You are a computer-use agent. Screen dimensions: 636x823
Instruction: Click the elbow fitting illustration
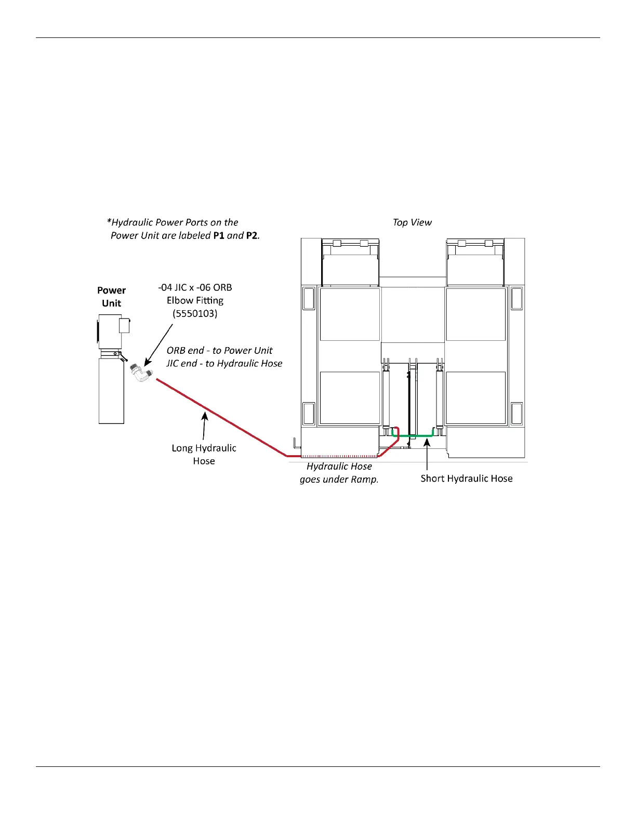pyautogui.click(x=141, y=373)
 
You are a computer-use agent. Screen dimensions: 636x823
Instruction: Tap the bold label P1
pyautogui.click(x=218, y=235)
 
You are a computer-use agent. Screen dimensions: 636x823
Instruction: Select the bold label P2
pyautogui.click(x=251, y=235)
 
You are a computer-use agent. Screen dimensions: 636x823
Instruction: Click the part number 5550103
pyautogui.click(x=195, y=313)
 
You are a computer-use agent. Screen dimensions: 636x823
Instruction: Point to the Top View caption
pyautogui.click(x=412, y=222)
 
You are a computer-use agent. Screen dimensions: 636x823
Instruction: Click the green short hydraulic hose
pyautogui.click(x=413, y=435)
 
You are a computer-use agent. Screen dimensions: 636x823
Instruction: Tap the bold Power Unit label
pyautogui.click(x=112, y=297)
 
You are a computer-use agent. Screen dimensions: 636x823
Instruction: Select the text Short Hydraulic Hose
pyautogui.click(x=466, y=479)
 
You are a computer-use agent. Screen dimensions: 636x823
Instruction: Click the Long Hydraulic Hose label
pyautogui.click(x=204, y=454)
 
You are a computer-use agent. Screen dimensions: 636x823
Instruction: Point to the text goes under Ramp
pyautogui.click(x=339, y=480)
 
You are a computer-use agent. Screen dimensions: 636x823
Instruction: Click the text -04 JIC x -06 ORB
pyautogui.click(x=195, y=287)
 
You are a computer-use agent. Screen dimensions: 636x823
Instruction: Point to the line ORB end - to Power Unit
pyautogui.click(x=219, y=351)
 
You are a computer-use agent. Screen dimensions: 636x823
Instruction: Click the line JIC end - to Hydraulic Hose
pyautogui.click(x=224, y=364)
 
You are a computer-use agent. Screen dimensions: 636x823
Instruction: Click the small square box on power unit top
pyautogui.click(x=124, y=325)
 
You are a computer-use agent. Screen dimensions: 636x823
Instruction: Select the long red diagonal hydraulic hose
pyautogui.click(x=218, y=416)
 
